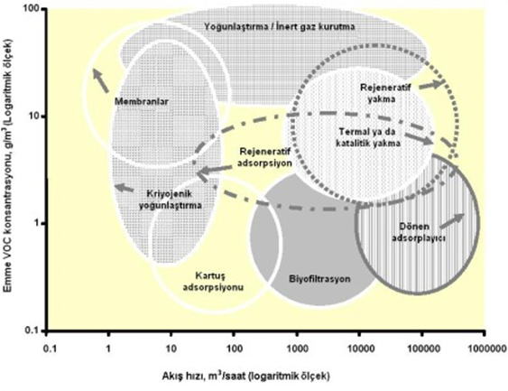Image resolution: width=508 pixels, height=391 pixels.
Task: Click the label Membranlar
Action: coord(142,101)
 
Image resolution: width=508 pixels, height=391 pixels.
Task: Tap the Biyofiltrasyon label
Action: coord(319,279)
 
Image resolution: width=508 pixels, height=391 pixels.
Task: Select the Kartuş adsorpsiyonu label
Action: coord(213,281)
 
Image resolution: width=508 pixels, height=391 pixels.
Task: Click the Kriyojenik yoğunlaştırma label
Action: coord(171,200)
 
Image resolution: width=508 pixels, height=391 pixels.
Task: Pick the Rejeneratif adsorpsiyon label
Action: coord(264,157)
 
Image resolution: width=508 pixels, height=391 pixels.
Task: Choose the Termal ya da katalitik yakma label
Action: coord(368,137)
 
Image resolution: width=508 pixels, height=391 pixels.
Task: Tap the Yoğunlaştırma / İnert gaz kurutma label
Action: coord(280,26)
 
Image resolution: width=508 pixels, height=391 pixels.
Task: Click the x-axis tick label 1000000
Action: coord(485,349)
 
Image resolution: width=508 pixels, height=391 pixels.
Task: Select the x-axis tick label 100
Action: coord(234,349)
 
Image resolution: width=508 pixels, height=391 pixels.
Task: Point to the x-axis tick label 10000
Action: coord(359,349)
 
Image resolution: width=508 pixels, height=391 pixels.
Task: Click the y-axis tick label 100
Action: coord(32,8)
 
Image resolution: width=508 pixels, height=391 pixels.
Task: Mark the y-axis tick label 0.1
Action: coord(32,330)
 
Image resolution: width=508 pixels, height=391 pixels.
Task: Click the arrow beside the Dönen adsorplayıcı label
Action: coord(453,221)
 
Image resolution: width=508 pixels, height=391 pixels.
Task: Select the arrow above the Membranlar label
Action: coord(101,80)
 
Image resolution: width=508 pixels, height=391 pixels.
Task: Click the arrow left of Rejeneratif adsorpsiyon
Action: coord(216,171)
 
